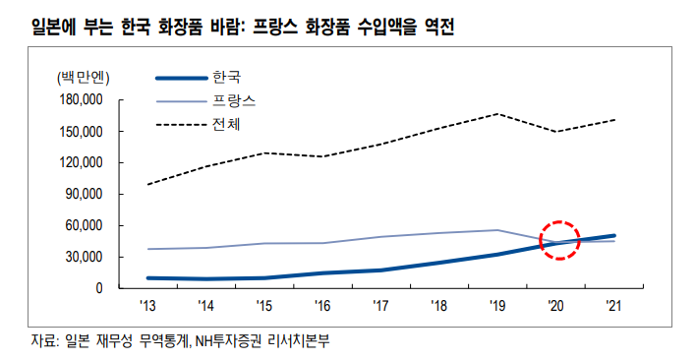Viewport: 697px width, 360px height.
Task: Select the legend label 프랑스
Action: (x=233, y=100)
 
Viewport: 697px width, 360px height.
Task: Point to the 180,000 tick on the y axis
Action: (x=83, y=99)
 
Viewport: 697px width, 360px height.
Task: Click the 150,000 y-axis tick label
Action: (x=83, y=131)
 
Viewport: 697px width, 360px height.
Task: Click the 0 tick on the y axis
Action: (x=100, y=288)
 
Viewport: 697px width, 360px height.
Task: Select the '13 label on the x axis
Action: (x=148, y=306)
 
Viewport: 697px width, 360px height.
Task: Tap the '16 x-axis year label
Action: (x=322, y=306)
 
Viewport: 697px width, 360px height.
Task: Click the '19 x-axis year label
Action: (x=497, y=306)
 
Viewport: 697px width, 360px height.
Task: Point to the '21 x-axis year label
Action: (x=613, y=306)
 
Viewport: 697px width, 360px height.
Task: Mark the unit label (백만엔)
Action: (x=83, y=76)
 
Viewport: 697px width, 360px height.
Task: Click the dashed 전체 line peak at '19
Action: (x=497, y=114)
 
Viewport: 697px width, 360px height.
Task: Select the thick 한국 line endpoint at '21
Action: (x=613, y=236)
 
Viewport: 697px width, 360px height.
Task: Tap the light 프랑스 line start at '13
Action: (x=148, y=249)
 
